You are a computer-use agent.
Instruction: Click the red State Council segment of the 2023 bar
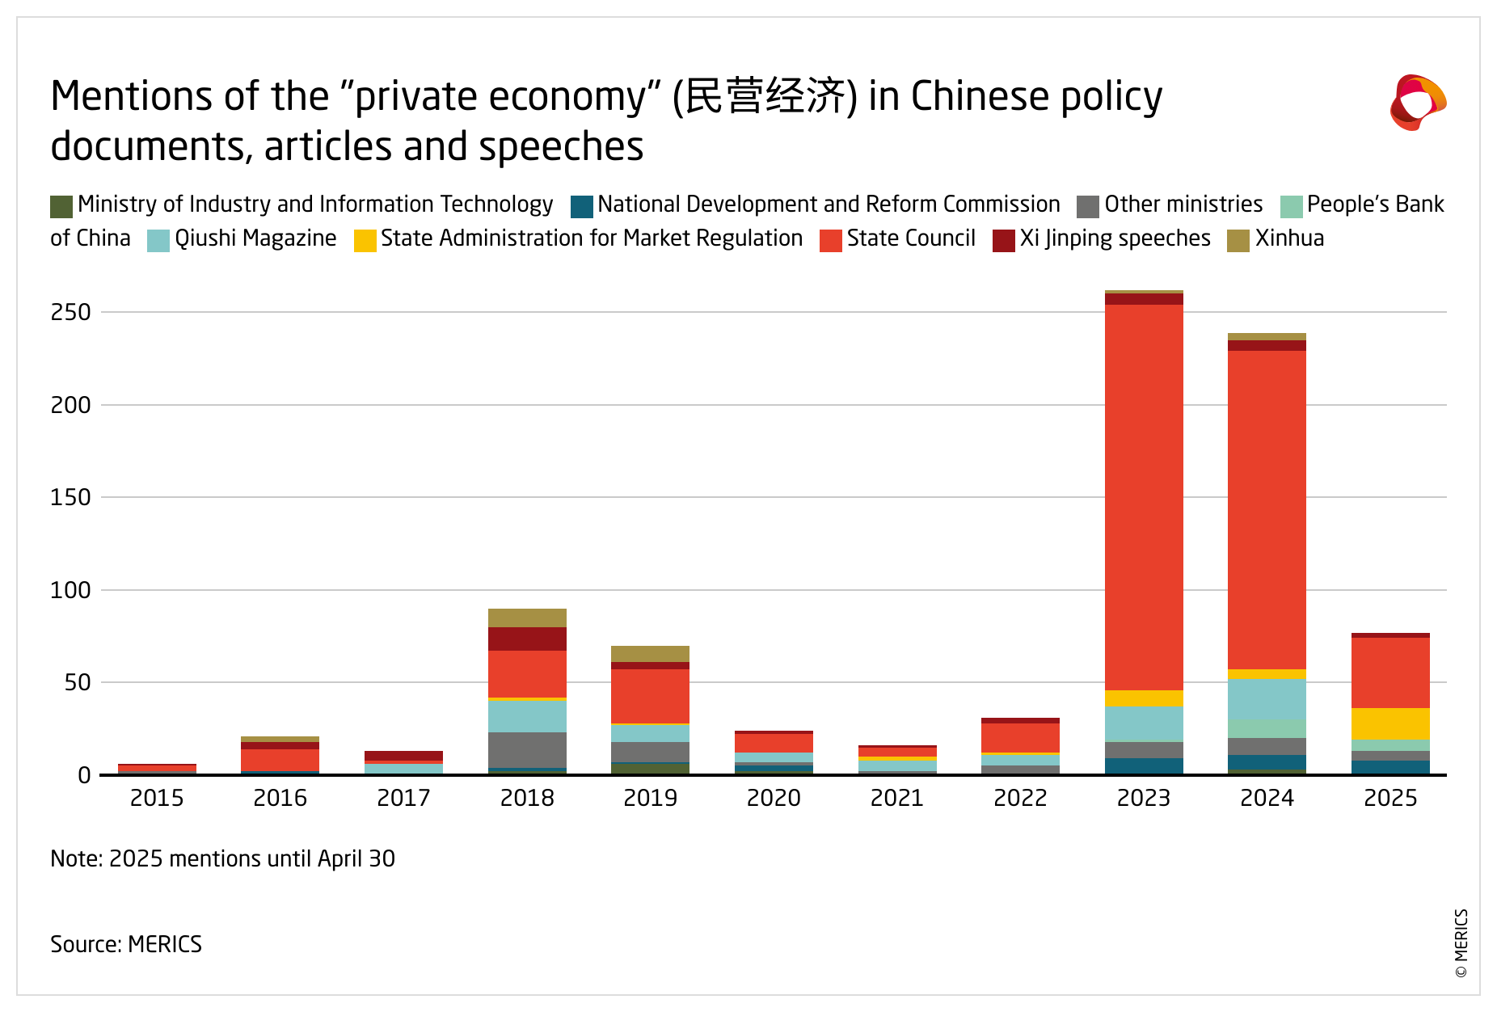click(1144, 496)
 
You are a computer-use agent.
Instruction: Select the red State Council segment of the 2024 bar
click(1267, 509)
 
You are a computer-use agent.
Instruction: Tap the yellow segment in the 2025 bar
click(1390, 723)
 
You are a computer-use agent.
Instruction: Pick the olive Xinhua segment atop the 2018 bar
click(527, 618)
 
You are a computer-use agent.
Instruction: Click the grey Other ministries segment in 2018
click(527, 749)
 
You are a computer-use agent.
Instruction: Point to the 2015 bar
click(157, 769)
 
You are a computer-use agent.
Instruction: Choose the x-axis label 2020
click(774, 799)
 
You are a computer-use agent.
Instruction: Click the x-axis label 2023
click(1144, 799)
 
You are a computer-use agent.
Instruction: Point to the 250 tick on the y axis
click(71, 312)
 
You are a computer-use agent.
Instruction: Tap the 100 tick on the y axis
click(71, 590)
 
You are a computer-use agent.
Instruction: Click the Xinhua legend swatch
click(1238, 241)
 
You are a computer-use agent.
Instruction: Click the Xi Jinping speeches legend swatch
click(1004, 241)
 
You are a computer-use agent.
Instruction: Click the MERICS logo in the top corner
click(1418, 103)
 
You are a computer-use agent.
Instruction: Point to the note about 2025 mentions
click(222, 858)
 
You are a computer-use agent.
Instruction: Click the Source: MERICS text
click(126, 944)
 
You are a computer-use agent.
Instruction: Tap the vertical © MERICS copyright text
click(1461, 943)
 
